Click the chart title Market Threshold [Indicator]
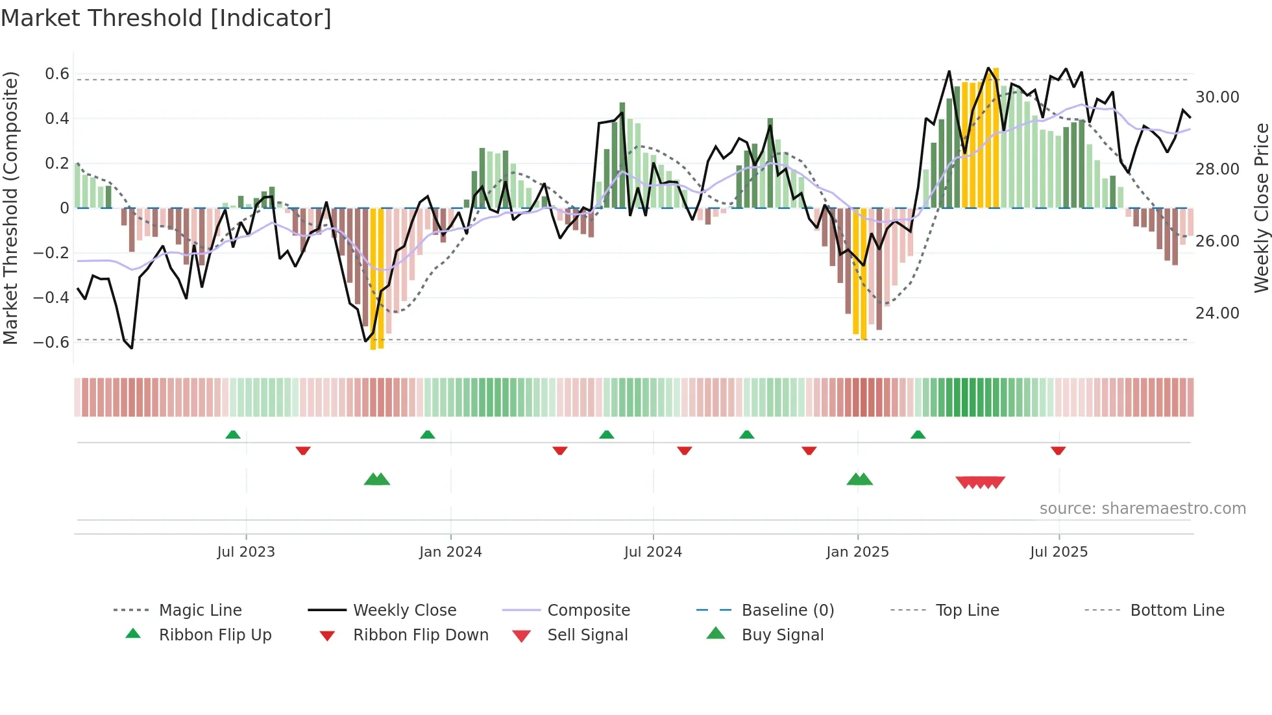[x=166, y=18]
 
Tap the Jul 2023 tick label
[x=246, y=552]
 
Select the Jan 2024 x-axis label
[x=450, y=552]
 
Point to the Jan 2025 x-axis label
[x=857, y=552]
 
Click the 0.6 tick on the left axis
[x=57, y=74]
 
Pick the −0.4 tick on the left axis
[x=51, y=298]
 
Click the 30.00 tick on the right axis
[x=1217, y=97]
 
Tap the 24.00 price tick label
[x=1217, y=313]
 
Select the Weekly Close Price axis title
[x=1261, y=208]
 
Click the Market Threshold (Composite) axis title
[x=10, y=208]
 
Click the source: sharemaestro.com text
[x=1142, y=509]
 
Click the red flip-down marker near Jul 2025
[x=1058, y=450]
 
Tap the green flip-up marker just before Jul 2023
[x=233, y=435]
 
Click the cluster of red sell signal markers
[x=980, y=482]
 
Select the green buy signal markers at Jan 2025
[x=860, y=479]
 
